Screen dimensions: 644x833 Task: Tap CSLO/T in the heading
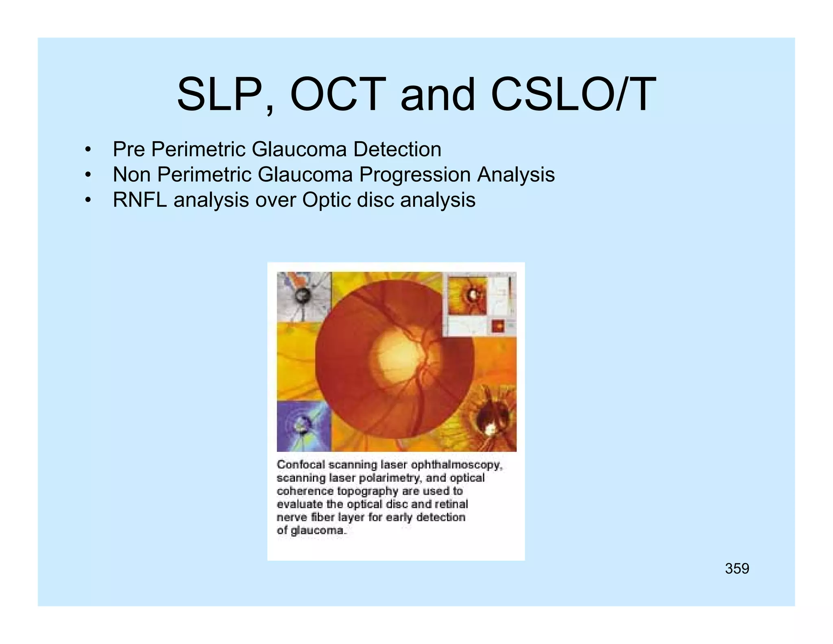(x=574, y=94)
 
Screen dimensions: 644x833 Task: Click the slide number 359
(x=737, y=568)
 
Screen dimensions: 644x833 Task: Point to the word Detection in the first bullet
(x=397, y=149)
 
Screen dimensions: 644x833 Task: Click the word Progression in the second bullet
(x=414, y=175)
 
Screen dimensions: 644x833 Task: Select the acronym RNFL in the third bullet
(x=140, y=200)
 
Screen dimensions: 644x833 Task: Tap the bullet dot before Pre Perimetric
(x=87, y=150)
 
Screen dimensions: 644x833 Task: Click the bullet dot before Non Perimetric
(x=87, y=175)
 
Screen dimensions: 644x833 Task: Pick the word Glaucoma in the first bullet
(x=299, y=149)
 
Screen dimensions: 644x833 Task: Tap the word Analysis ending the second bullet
(x=516, y=175)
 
